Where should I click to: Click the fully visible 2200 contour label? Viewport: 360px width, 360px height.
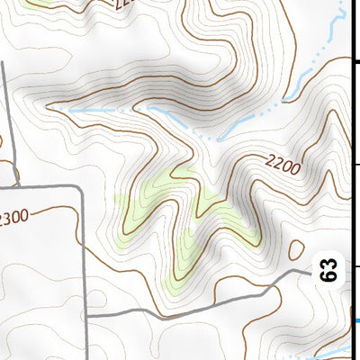(283, 165)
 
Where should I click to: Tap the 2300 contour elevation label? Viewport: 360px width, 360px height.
(14, 218)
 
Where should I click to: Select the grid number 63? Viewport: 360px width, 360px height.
(330, 269)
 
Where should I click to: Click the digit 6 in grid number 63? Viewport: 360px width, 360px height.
(330, 275)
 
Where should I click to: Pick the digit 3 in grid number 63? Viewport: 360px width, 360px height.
(330, 263)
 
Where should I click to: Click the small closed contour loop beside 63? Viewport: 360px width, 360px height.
(297, 251)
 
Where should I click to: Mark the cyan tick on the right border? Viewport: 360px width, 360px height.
(356, 320)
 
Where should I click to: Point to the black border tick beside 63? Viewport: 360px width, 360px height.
(356, 266)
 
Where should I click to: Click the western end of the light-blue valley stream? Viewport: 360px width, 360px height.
(49, 106)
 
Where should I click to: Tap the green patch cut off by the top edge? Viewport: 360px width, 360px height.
(36, 3)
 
